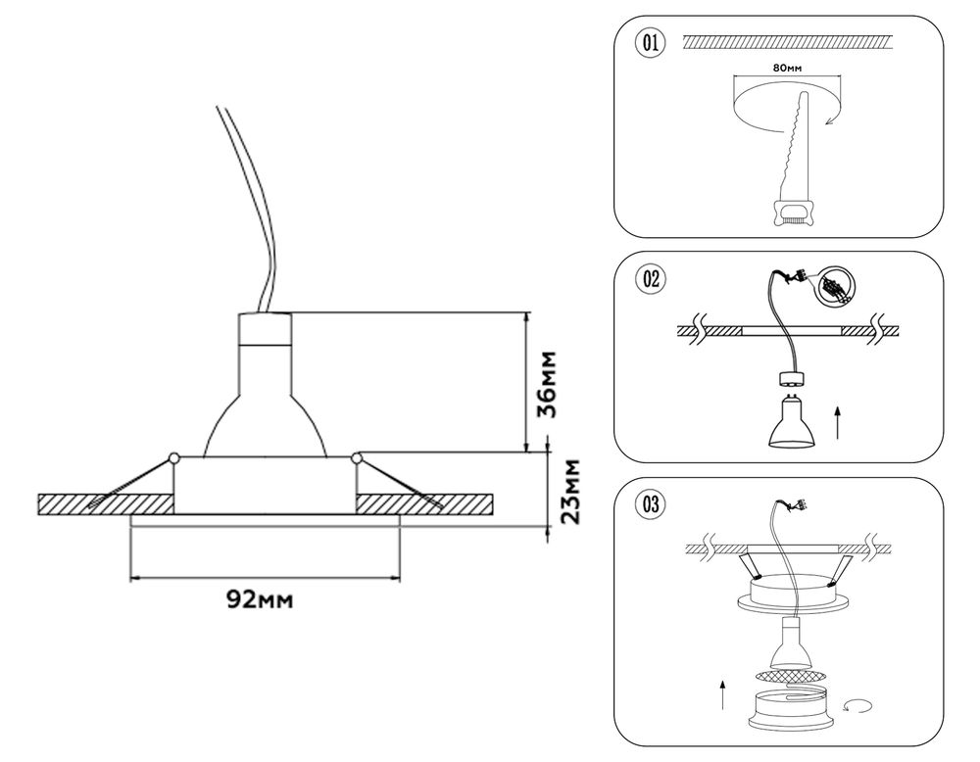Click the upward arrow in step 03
[722, 695]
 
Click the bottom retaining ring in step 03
[789, 707]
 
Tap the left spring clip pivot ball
[173, 456]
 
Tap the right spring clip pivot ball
[356, 456]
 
